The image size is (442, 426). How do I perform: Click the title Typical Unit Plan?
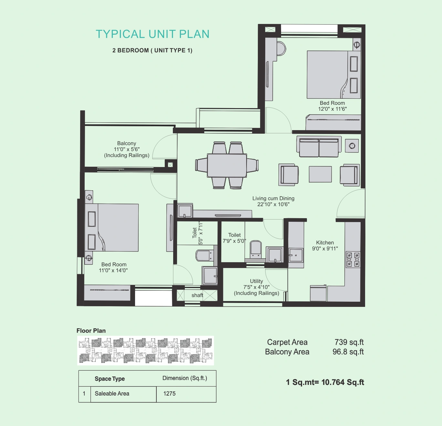(x=153, y=34)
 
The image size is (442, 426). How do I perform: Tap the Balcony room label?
(x=127, y=143)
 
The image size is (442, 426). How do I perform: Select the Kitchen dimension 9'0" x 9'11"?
(x=325, y=249)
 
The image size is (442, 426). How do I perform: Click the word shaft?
(x=197, y=295)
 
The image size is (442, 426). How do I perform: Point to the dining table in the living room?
(x=227, y=165)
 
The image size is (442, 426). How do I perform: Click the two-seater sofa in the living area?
(x=319, y=147)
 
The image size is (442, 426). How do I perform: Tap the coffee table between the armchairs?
(x=320, y=174)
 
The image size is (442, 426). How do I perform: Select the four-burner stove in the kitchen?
(x=353, y=259)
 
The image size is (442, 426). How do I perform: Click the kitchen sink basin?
(x=296, y=255)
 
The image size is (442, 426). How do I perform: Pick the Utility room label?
(x=256, y=281)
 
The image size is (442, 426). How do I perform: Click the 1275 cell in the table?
(x=169, y=393)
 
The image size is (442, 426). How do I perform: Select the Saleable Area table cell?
(x=112, y=393)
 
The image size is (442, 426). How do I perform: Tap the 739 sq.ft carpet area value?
(x=349, y=342)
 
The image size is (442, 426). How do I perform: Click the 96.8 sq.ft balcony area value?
(x=348, y=352)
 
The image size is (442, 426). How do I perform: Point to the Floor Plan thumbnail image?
(x=146, y=351)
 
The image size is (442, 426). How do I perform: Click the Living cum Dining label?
(x=273, y=198)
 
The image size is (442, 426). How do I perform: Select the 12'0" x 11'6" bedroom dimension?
(x=332, y=109)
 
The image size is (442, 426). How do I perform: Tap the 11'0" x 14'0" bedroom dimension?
(x=113, y=270)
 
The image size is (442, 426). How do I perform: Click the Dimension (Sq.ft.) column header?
(x=185, y=378)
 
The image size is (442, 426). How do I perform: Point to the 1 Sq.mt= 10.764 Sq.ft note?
(x=325, y=382)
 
